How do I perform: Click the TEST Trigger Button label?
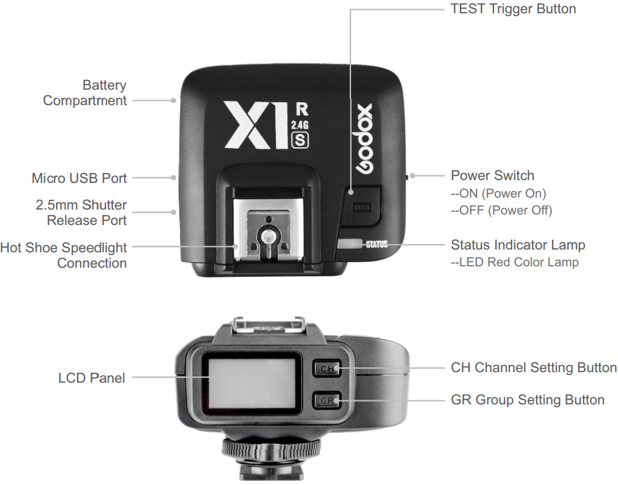click(513, 9)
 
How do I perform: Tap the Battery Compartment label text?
click(85, 93)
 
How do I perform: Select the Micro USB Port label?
click(79, 178)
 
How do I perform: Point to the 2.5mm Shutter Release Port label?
click(81, 213)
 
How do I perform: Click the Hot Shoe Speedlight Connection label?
click(64, 255)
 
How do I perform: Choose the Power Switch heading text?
click(492, 175)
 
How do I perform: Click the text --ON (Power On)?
click(498, 193)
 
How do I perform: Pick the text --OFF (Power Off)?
click(501, 210)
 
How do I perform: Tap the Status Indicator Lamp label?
click(518, 245)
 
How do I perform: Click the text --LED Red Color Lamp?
click(514, 263)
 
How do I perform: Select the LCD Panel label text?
click(92, 378)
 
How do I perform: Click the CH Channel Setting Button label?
click(533, 367)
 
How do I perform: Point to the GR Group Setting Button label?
click(527, 399)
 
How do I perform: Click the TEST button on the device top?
click(363, 206)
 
